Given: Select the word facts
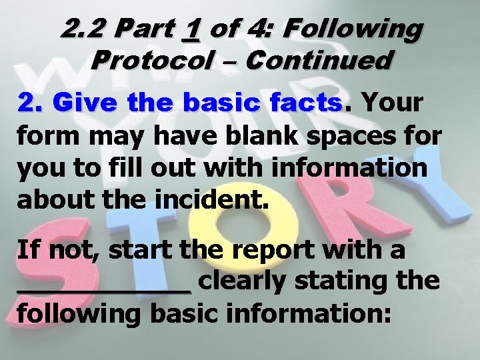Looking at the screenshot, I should pyautogui.click(x=307, y=103).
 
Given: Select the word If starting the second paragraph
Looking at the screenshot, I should pyautogui.click(x=27, y=250).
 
